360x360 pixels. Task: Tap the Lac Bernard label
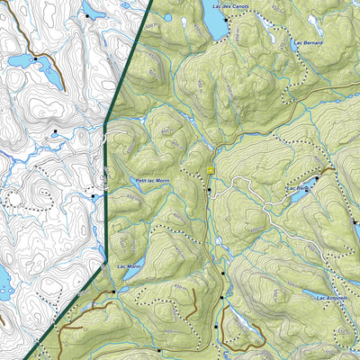tap(307, 42)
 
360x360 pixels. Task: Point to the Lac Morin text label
tap(129, 266)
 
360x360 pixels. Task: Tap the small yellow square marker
tap(210, 169)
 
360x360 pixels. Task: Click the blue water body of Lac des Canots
tap(215, 25)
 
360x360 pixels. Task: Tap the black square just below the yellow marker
tap(209, 190)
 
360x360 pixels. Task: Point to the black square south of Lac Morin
tap(112, 292)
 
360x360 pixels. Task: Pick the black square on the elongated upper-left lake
tap(35, 58)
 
